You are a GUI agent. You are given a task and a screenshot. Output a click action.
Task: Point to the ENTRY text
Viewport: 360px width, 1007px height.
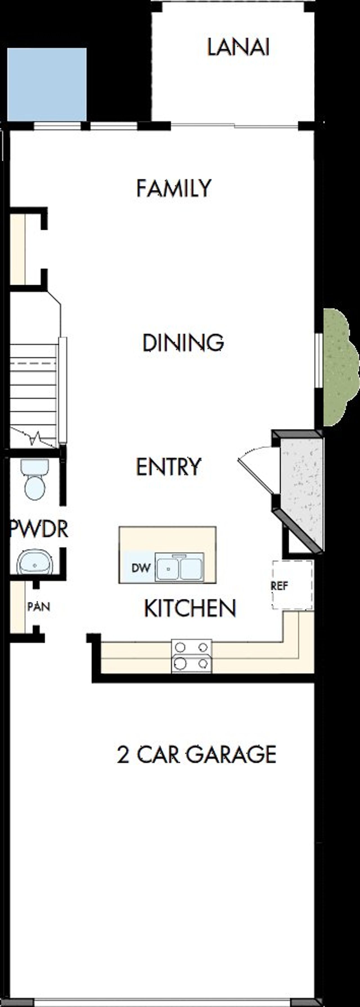click(168, 466)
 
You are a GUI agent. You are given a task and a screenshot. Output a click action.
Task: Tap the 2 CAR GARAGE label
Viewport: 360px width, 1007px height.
click(197, 754)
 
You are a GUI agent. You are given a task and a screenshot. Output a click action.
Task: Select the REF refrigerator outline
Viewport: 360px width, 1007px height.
click(292, 585)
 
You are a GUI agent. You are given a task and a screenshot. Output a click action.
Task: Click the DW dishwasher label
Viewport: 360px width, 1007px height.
click(141, 568)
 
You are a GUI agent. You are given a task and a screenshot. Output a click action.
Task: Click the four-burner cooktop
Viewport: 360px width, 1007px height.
click(192, 656)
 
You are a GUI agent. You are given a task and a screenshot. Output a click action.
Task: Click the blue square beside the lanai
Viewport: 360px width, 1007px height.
click(47, 84)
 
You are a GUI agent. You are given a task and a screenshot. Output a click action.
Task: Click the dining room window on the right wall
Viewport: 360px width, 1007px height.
click(319, 360)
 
